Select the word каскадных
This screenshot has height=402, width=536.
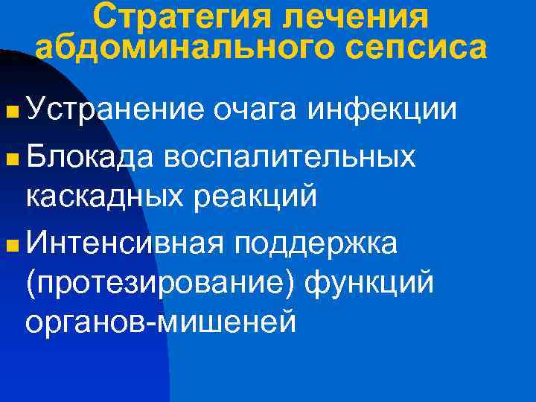(x=108, y=197)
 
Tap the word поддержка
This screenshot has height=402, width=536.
(x=316, y=243)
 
